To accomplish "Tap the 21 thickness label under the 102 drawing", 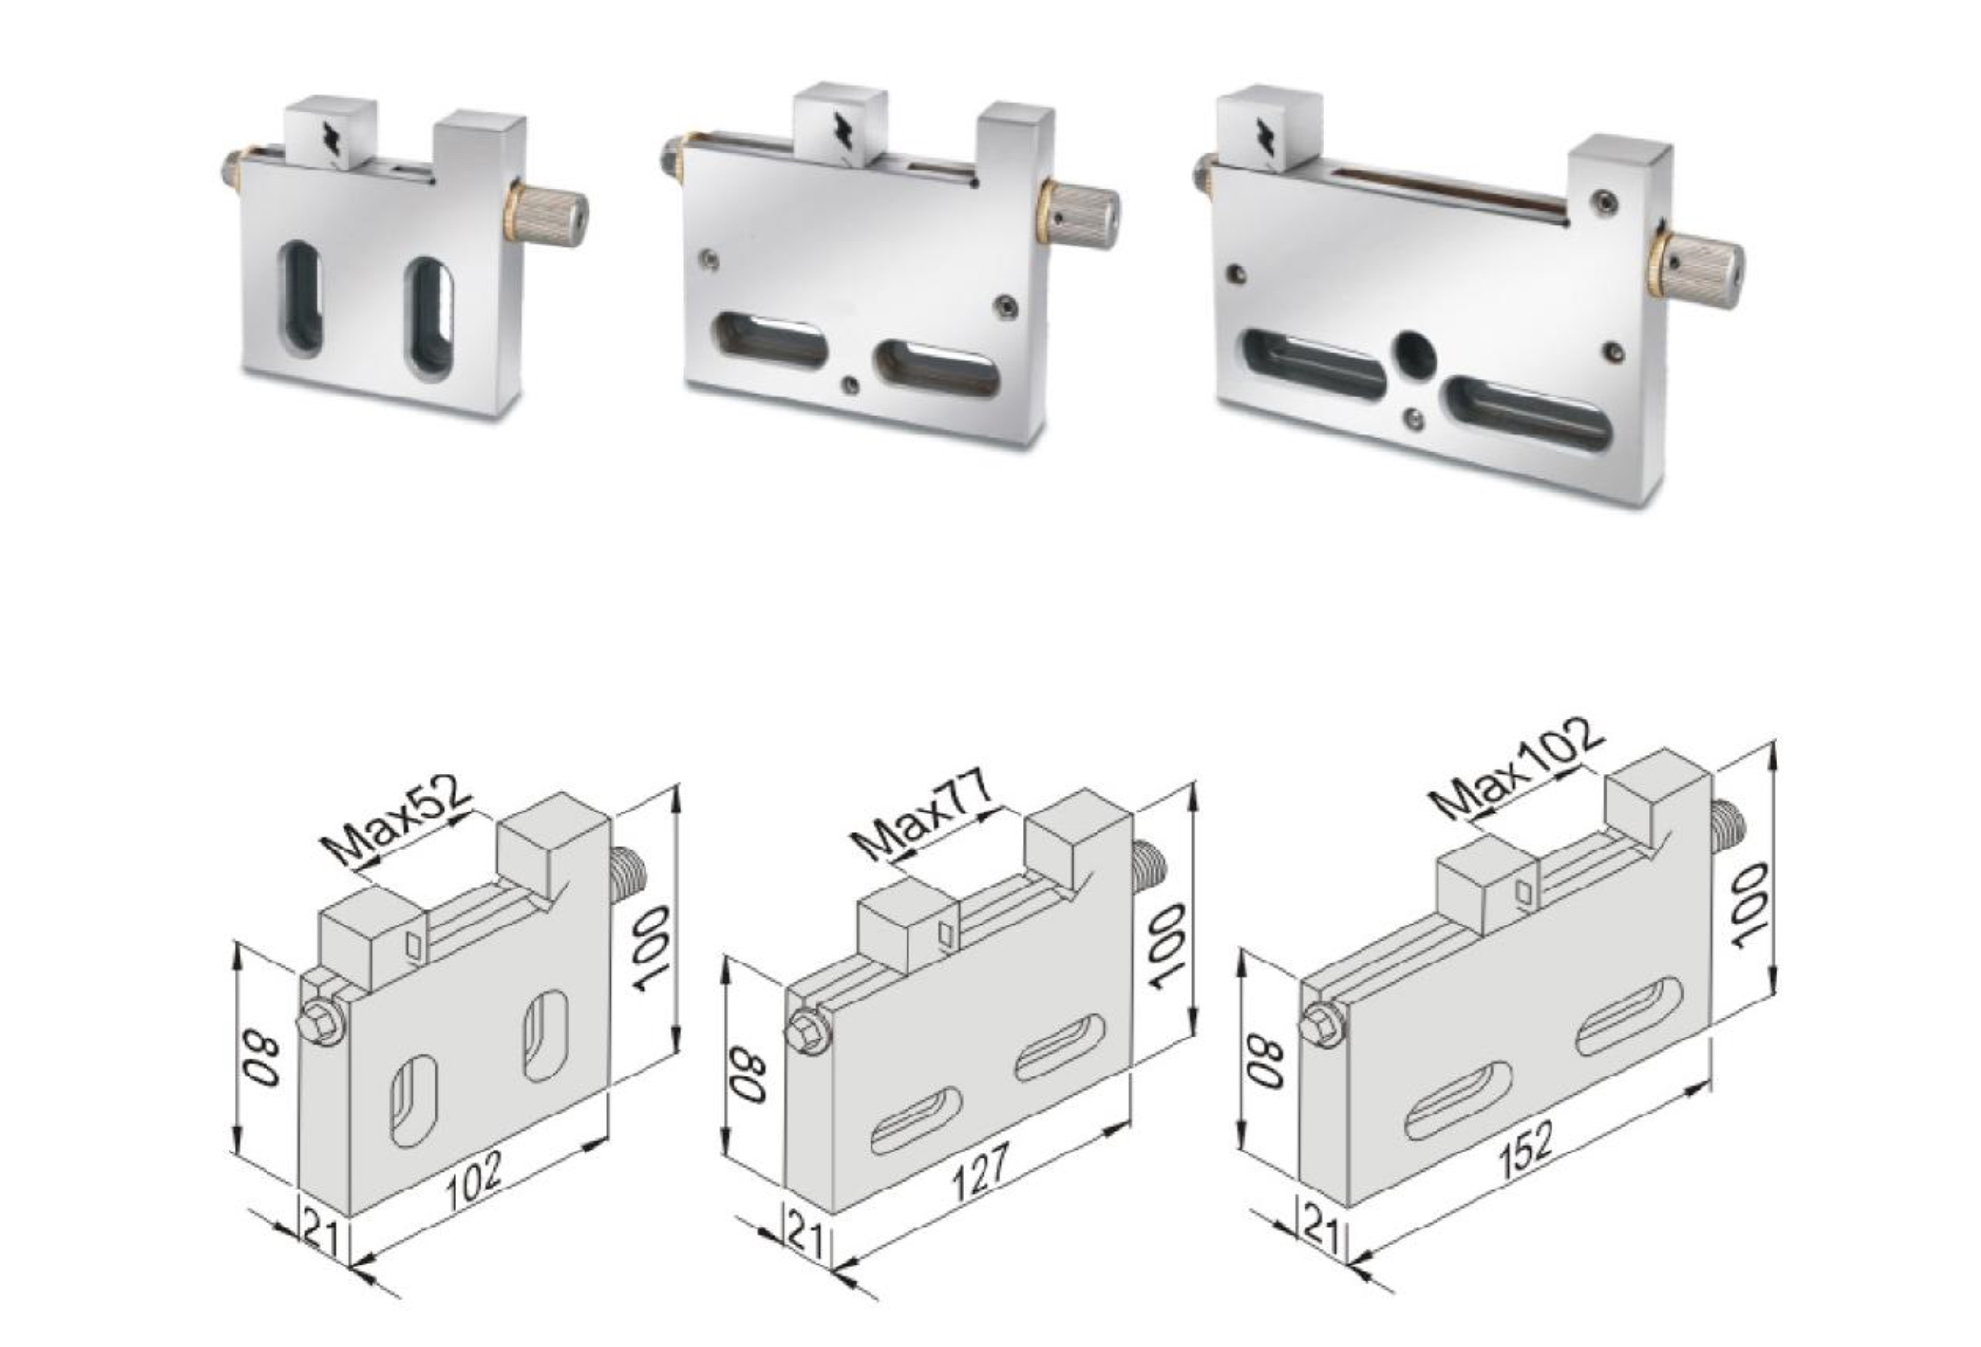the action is (322, 1235).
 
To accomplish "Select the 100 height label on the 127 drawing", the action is (1169, 946).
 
